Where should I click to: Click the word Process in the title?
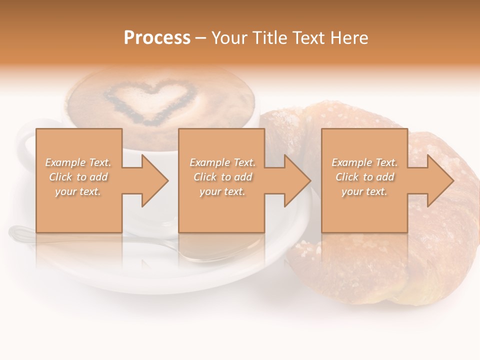coord(157,38)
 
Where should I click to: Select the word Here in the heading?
coord(348,38)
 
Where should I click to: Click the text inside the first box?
coord(78,177)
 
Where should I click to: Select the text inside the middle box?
coord(222,177)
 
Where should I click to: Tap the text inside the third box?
coord(364,177)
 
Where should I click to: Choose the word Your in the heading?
coord(229,38)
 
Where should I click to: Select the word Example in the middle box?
coord(210,162)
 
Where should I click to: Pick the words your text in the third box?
coord(364,191)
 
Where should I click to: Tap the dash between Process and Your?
coord(200,38)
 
